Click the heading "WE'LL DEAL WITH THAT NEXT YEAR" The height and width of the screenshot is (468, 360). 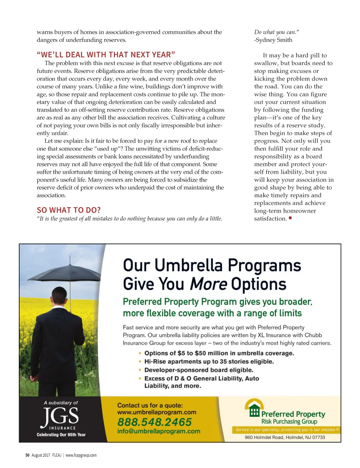point(106,55)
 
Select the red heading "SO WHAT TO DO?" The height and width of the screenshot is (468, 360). point(69,210)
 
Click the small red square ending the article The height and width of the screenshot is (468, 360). point(290,218)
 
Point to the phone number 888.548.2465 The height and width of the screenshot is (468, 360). point(154,422)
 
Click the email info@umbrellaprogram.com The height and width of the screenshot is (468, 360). point(159,431)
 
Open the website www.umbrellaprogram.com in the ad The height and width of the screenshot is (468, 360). point(156,412)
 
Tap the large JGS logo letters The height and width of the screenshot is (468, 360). point(60,416)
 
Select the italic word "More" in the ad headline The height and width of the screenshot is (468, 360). point(208,284)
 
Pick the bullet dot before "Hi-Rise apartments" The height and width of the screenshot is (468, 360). point(140,361)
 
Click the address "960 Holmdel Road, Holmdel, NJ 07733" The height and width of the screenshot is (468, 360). point(285,437)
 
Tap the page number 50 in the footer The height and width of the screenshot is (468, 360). point(27,455)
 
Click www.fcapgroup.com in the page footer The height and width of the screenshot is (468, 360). point(81,455)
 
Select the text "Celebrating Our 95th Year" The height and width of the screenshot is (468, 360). point(61,435)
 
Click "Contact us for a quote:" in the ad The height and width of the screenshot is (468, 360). point(150,405)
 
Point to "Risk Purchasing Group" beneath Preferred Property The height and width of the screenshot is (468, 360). point(289,422)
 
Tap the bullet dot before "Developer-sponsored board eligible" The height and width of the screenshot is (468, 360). point(140,370)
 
